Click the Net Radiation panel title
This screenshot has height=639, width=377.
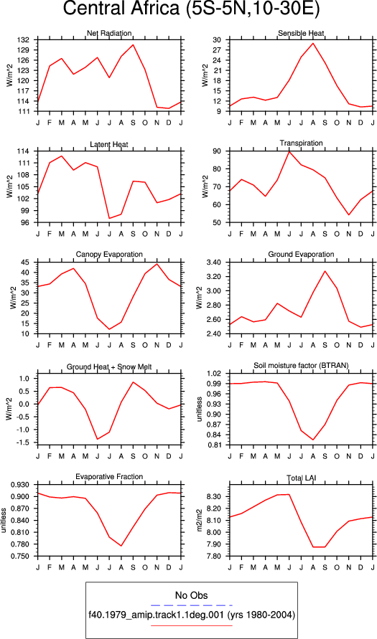(109, 33)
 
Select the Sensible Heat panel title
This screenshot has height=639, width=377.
(301, 33)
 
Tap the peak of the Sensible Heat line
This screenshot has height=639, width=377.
(313, 43)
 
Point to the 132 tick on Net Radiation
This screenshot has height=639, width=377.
(28, 40)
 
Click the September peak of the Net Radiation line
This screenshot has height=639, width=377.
(133, 45)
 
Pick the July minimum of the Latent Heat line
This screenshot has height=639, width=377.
(109, 219)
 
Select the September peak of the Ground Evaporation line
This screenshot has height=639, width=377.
(325, 271)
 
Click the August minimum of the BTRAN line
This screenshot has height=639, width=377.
(313, 440)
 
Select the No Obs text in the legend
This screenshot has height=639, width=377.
(191, 596)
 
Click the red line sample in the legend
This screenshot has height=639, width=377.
(191, 625)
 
